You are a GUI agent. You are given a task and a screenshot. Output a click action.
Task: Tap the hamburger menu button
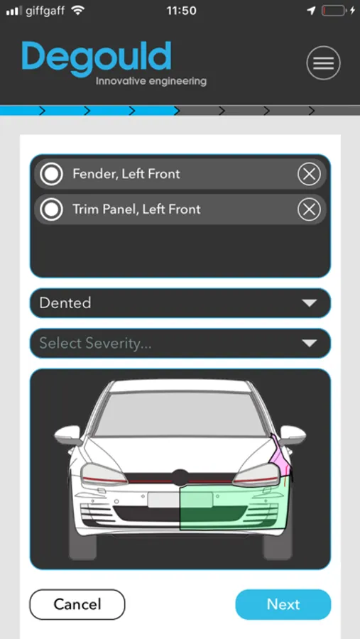coord(323,62)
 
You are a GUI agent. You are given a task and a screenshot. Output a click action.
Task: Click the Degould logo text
coord(97,58)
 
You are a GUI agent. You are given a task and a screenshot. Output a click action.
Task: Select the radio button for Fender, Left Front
coord(51,174)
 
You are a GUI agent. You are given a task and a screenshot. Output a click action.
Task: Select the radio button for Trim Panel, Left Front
coord(51,209)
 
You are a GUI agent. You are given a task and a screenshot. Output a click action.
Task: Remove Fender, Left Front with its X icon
coord(309,174)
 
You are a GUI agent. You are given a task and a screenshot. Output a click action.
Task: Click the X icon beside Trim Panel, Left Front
coord(309,209)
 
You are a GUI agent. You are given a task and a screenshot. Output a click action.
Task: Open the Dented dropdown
coord(180,302)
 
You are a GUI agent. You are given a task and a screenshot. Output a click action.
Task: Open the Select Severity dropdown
coord(180,343)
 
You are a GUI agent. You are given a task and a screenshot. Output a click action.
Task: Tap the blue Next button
coord(283,604)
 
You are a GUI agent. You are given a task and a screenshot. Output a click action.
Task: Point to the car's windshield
coord(180,414)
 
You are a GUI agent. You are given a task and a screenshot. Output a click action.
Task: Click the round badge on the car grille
coord(180,478)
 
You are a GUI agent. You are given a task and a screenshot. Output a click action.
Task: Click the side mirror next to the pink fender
coord(293,435)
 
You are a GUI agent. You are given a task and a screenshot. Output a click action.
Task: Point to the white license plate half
coord(164,500)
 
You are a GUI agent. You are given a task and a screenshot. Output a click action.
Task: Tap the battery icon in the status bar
coord(334,11)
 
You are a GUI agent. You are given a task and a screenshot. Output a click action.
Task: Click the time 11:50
coord(182,11)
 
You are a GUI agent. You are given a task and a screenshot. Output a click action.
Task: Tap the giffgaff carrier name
coord(45,11)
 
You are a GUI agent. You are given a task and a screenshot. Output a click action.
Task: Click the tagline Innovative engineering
coord(151,81)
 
